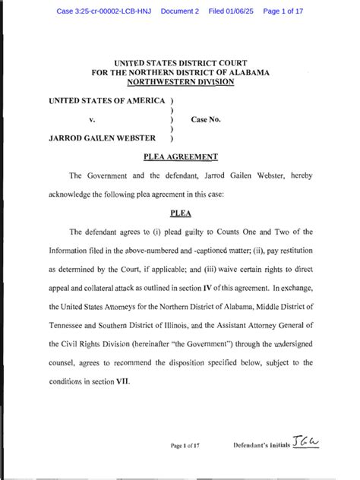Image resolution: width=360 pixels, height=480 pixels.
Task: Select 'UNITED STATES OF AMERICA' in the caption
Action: pos(107,99)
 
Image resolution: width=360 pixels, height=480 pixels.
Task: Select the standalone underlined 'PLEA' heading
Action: pos(180,212)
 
